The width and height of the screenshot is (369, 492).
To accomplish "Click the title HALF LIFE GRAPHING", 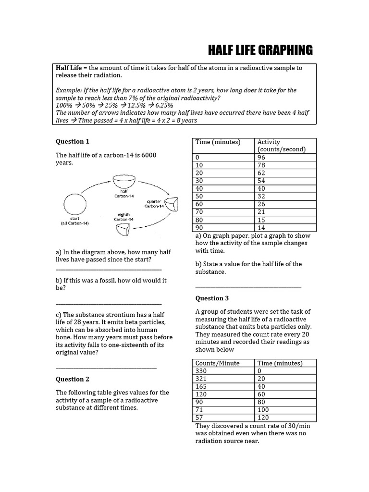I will click(x=260, y=50).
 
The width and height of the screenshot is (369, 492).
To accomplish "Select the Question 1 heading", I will click(x=73, y=141).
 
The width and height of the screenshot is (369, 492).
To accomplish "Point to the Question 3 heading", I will click(x=212, y=298).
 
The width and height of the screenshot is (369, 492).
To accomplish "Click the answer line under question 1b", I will click(x=109, y=304).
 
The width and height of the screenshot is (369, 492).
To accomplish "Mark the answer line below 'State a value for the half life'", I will click(x=248, y=287).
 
